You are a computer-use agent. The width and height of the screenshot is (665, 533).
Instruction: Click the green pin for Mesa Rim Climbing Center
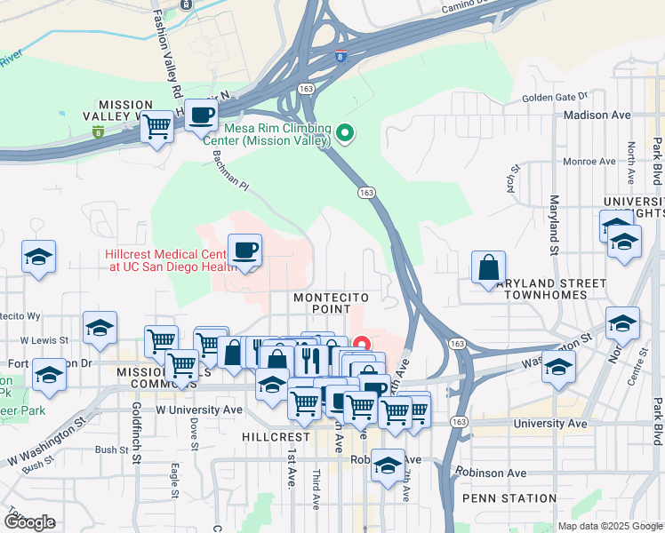[346, 135]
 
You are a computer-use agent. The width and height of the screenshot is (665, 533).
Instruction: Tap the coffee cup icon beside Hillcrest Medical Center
[244, 250]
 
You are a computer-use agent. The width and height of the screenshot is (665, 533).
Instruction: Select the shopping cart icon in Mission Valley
[157, 127]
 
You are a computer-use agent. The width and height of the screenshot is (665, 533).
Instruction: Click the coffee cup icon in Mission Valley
[202, 115]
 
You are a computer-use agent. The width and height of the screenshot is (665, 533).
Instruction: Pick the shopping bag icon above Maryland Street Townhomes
[488, 266]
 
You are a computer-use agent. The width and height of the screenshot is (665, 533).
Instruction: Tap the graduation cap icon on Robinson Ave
[388, 465]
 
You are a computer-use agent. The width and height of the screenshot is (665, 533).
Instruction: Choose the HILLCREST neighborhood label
[275, 437]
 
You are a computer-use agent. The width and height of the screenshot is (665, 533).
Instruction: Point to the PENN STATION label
[503, 498]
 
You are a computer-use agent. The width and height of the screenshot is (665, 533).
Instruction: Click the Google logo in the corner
[28, 522]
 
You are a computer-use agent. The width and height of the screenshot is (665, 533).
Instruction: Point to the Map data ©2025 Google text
[609, 526]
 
